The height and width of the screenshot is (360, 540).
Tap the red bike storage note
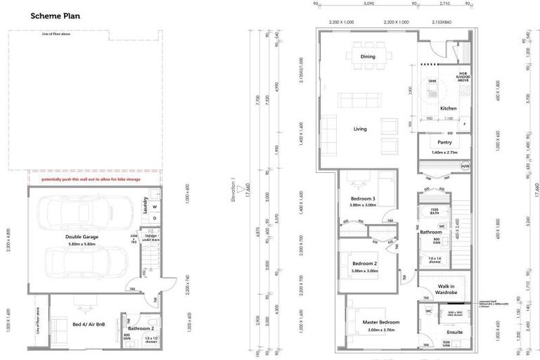coord(91,179)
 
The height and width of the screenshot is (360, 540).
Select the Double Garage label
coord(82,237)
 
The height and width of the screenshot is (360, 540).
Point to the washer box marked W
coord(154,207)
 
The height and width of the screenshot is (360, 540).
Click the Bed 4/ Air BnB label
coord(86,324)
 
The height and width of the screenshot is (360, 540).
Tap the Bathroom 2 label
coord(140,328)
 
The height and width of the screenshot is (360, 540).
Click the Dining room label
coord(368,56)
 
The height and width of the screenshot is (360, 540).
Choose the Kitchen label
coord(449,108)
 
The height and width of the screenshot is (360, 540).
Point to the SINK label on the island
coord(432,82)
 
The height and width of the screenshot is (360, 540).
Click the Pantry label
coord(444,142)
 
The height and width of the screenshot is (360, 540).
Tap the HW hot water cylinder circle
coord(465,166)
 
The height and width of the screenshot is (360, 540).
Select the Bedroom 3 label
coord(364,199)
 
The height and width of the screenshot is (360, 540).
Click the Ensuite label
coord(455,332)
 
